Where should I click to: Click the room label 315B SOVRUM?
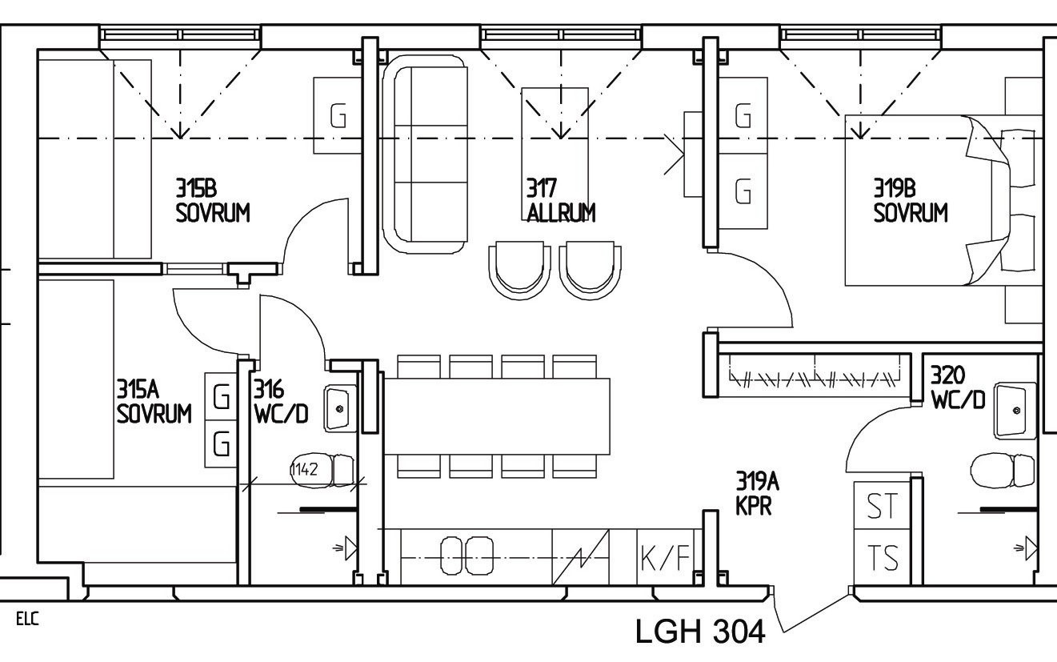point(212,200)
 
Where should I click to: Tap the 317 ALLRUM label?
point(560,200)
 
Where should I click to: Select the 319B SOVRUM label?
point(910,200)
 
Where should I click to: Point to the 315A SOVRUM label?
point(154,402)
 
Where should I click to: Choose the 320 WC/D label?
point(957,387)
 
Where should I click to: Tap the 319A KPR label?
point(757,493)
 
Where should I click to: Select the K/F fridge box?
point(664,557)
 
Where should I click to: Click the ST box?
point(882,506)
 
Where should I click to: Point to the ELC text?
point(26,619)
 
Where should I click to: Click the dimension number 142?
point(305,469)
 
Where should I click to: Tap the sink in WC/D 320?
point(1014,409)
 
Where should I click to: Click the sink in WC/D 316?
point(340,407)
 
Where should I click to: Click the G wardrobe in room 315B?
point(338,116)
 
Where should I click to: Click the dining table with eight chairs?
point(497,416)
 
